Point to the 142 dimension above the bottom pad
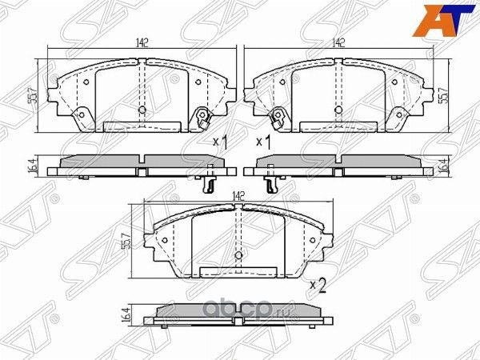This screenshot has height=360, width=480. point(238,194)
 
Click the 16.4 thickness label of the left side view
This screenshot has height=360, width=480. point(31,166)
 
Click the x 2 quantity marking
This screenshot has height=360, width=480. point(318,284)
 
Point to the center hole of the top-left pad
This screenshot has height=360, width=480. point(142,110)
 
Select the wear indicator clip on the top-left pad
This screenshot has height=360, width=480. point(202,119)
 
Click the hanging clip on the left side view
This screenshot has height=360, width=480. point(208,182)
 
